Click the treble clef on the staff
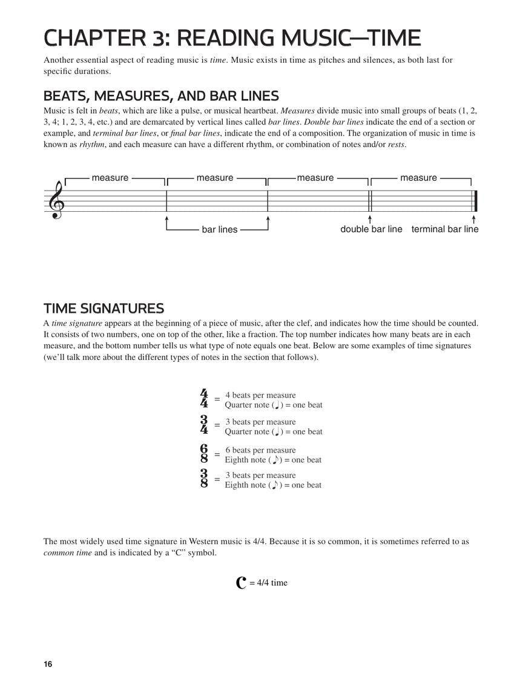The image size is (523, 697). [58, 200]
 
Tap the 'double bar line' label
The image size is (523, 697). [371, 229]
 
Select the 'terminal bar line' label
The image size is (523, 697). [445, 229]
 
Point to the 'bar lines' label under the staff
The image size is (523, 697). [220, 230]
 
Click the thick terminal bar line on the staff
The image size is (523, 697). [476, 201]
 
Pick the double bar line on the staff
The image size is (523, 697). [370, 201]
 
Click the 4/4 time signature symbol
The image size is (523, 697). [204, 399]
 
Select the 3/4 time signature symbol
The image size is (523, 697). [204, 425]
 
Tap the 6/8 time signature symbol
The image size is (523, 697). [204, 454]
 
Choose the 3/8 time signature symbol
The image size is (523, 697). [204, 479]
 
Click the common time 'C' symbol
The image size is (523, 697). [241, 583]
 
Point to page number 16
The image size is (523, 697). [48, 664]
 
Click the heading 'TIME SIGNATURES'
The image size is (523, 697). [104, 309]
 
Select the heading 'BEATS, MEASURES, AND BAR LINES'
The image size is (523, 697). [161, 96]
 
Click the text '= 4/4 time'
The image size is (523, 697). [269, 583]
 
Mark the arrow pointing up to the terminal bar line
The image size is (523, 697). [473, 218]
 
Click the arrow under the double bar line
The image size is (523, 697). [370, 218]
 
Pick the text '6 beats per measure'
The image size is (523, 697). [260, 450]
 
